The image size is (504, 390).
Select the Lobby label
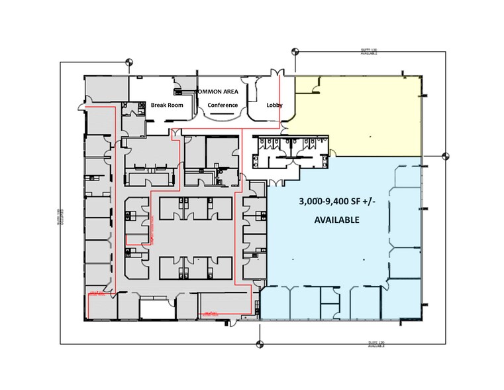click(275, 105)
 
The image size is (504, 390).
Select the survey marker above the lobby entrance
click(295, 50)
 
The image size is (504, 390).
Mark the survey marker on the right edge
click(445, 157)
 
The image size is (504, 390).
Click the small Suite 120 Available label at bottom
click(377, 344)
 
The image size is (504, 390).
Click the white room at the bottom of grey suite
click(156, 308)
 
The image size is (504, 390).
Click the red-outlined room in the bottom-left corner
click(99, 306)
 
